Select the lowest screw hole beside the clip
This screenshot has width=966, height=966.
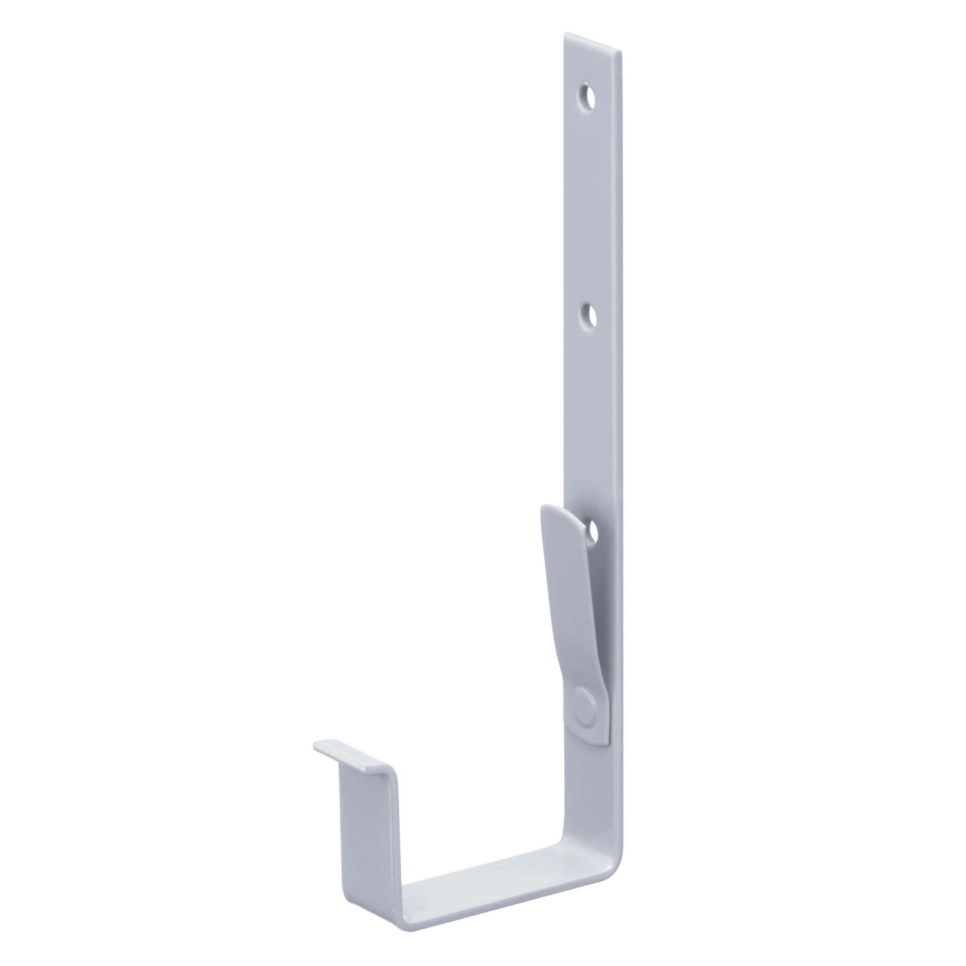tap(591, 531)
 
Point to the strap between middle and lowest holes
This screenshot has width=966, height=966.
tap(596, 425)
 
